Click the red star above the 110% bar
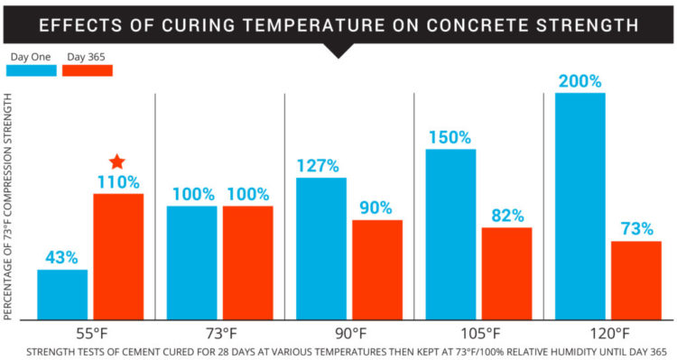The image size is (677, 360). pos(117,162)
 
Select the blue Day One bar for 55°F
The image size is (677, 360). pos(62,294)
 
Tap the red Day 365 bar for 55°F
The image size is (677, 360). pos(118,256)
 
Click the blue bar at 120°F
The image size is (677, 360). pos(580,206)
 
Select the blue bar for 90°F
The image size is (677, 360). pos(320,248)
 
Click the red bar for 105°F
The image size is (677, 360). pos(506,273)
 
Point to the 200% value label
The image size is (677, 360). pos(580,81)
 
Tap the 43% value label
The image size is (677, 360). pos(62,258)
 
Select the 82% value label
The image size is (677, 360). pos(506,216)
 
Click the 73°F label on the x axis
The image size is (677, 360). pos(220,331)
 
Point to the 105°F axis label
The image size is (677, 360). pos(478,331)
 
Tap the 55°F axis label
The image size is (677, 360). pos(91,331)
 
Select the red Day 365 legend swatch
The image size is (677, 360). pos(87,69)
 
